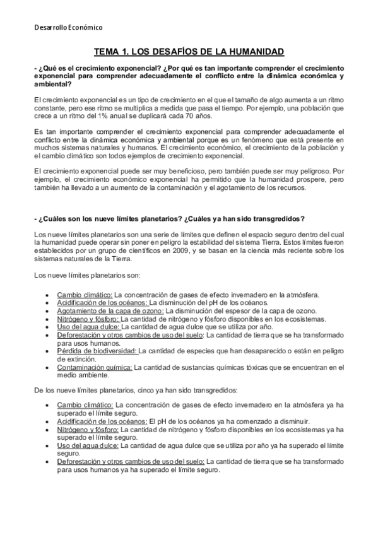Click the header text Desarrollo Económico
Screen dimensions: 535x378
click(x=69, y=28)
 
